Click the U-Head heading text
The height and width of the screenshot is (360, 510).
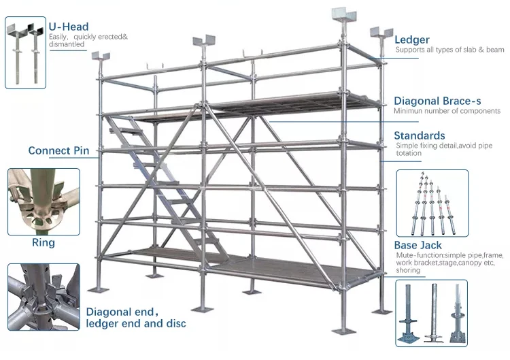68,27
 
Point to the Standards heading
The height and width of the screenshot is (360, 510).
420,135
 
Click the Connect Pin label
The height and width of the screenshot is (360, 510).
58,150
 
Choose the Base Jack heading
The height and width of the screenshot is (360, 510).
418,245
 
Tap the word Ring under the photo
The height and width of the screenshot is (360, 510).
43,242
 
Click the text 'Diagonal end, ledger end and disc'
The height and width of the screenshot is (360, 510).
135,318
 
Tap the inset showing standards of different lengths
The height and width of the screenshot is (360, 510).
432,201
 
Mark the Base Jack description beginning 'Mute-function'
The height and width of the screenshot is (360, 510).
449,263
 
